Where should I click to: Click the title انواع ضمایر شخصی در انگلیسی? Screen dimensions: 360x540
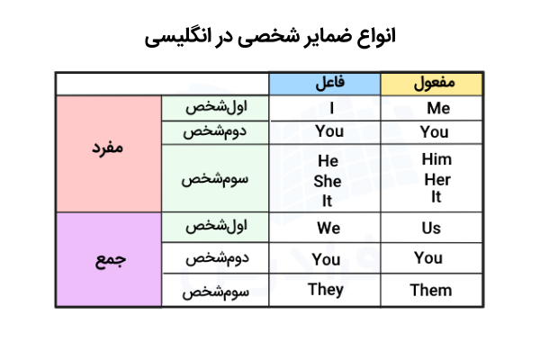270,38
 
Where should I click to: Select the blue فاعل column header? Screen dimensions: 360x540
328,84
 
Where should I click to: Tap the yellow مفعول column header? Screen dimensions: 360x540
433,84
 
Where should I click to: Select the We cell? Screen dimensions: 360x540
328,228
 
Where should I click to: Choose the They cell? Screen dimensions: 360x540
326,290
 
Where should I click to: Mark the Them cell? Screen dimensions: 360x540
431,290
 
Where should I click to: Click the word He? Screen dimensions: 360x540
328,162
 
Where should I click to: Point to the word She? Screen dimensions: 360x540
328,180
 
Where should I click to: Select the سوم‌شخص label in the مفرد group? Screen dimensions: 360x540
215,178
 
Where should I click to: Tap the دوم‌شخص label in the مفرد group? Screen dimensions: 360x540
215,132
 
